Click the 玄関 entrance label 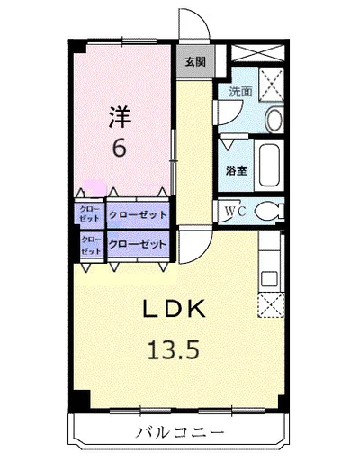coord(195,61)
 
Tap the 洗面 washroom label coord(240,91)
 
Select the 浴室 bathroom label coord(237,170)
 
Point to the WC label coord(236,212)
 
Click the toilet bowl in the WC coord(269,211)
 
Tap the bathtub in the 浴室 coord(269,165)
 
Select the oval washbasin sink coord(274,120)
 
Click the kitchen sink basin coord(269,278)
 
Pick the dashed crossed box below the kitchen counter coord(271,305)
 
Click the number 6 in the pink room coord(119,148)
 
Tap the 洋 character coord(120,117)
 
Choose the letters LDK coord(174,309)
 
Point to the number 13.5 coord(173,350)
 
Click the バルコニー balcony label coord(181,432)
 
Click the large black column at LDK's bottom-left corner coord(79,400)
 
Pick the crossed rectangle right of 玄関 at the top coord(258,53)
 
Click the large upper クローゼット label coord(138,214)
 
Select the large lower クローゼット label coord(138,244)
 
